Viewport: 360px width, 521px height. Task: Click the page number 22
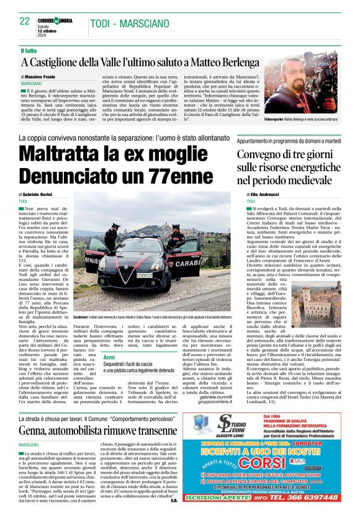(25, 21)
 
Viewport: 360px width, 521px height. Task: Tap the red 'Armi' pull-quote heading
(109, 357)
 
